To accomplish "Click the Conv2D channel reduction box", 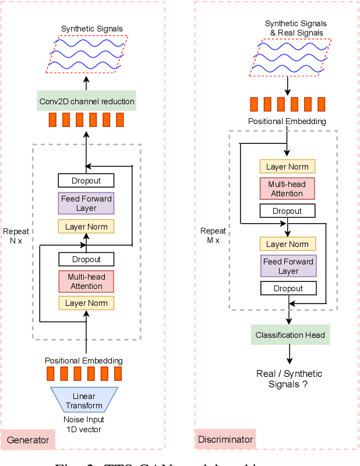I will tap(86, 101).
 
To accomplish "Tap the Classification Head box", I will tap(290, 335).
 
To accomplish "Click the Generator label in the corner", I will tap(28, 440).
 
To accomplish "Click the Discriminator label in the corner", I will tap(224, 440).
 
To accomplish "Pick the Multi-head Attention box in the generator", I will tap(86, 281).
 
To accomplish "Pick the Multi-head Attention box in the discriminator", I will tap(287, 189).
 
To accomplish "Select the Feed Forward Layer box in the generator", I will tap(86, 203).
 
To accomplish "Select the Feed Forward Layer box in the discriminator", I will tap(288, 266).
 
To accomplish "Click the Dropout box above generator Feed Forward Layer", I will tap(86, 181).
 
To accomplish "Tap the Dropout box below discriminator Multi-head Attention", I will tap(287, 211).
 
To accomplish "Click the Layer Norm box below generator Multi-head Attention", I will tap(86, 303).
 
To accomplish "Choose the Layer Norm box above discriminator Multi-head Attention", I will tap(287, 167).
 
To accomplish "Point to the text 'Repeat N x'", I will tap(16, 236).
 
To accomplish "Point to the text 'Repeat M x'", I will tap(210, 235).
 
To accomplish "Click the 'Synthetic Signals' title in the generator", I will tap(92, 29).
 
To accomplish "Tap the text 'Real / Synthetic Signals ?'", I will tap(289, 379).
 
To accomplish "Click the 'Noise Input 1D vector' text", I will tap(84, 424).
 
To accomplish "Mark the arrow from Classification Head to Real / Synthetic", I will tap(290, 355).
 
